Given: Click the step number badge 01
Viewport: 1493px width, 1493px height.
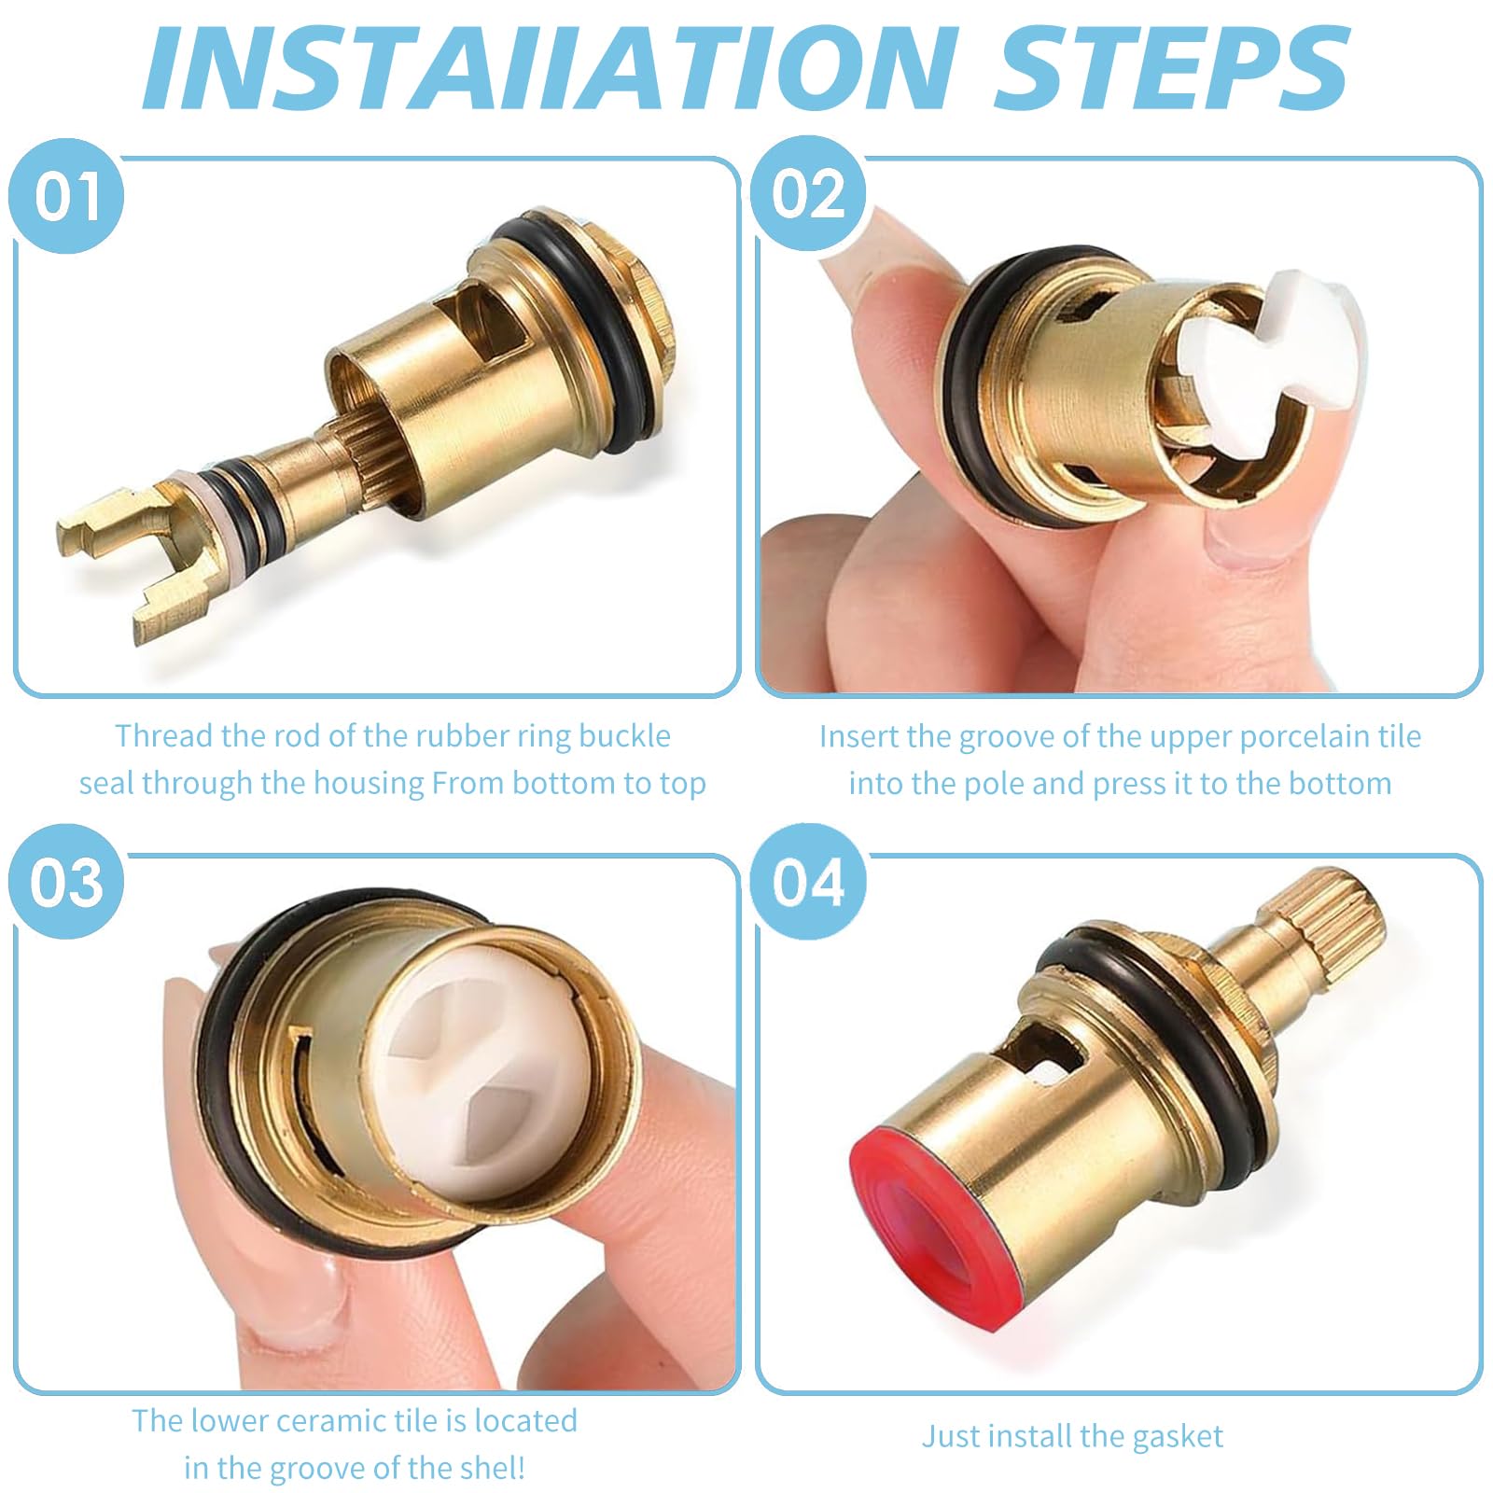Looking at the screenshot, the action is click(x=66, y=196).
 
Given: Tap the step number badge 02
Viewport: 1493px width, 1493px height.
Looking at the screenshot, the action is click(x=809, y=194).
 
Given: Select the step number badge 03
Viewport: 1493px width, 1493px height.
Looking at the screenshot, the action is click(x=66, y=881).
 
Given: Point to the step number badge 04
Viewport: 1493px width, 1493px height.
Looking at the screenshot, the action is click(x=809, y=881).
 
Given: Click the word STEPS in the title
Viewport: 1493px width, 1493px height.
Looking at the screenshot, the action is click(x=1171, y=67).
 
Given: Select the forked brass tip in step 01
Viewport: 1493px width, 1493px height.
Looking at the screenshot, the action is click(x=131, y=560).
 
